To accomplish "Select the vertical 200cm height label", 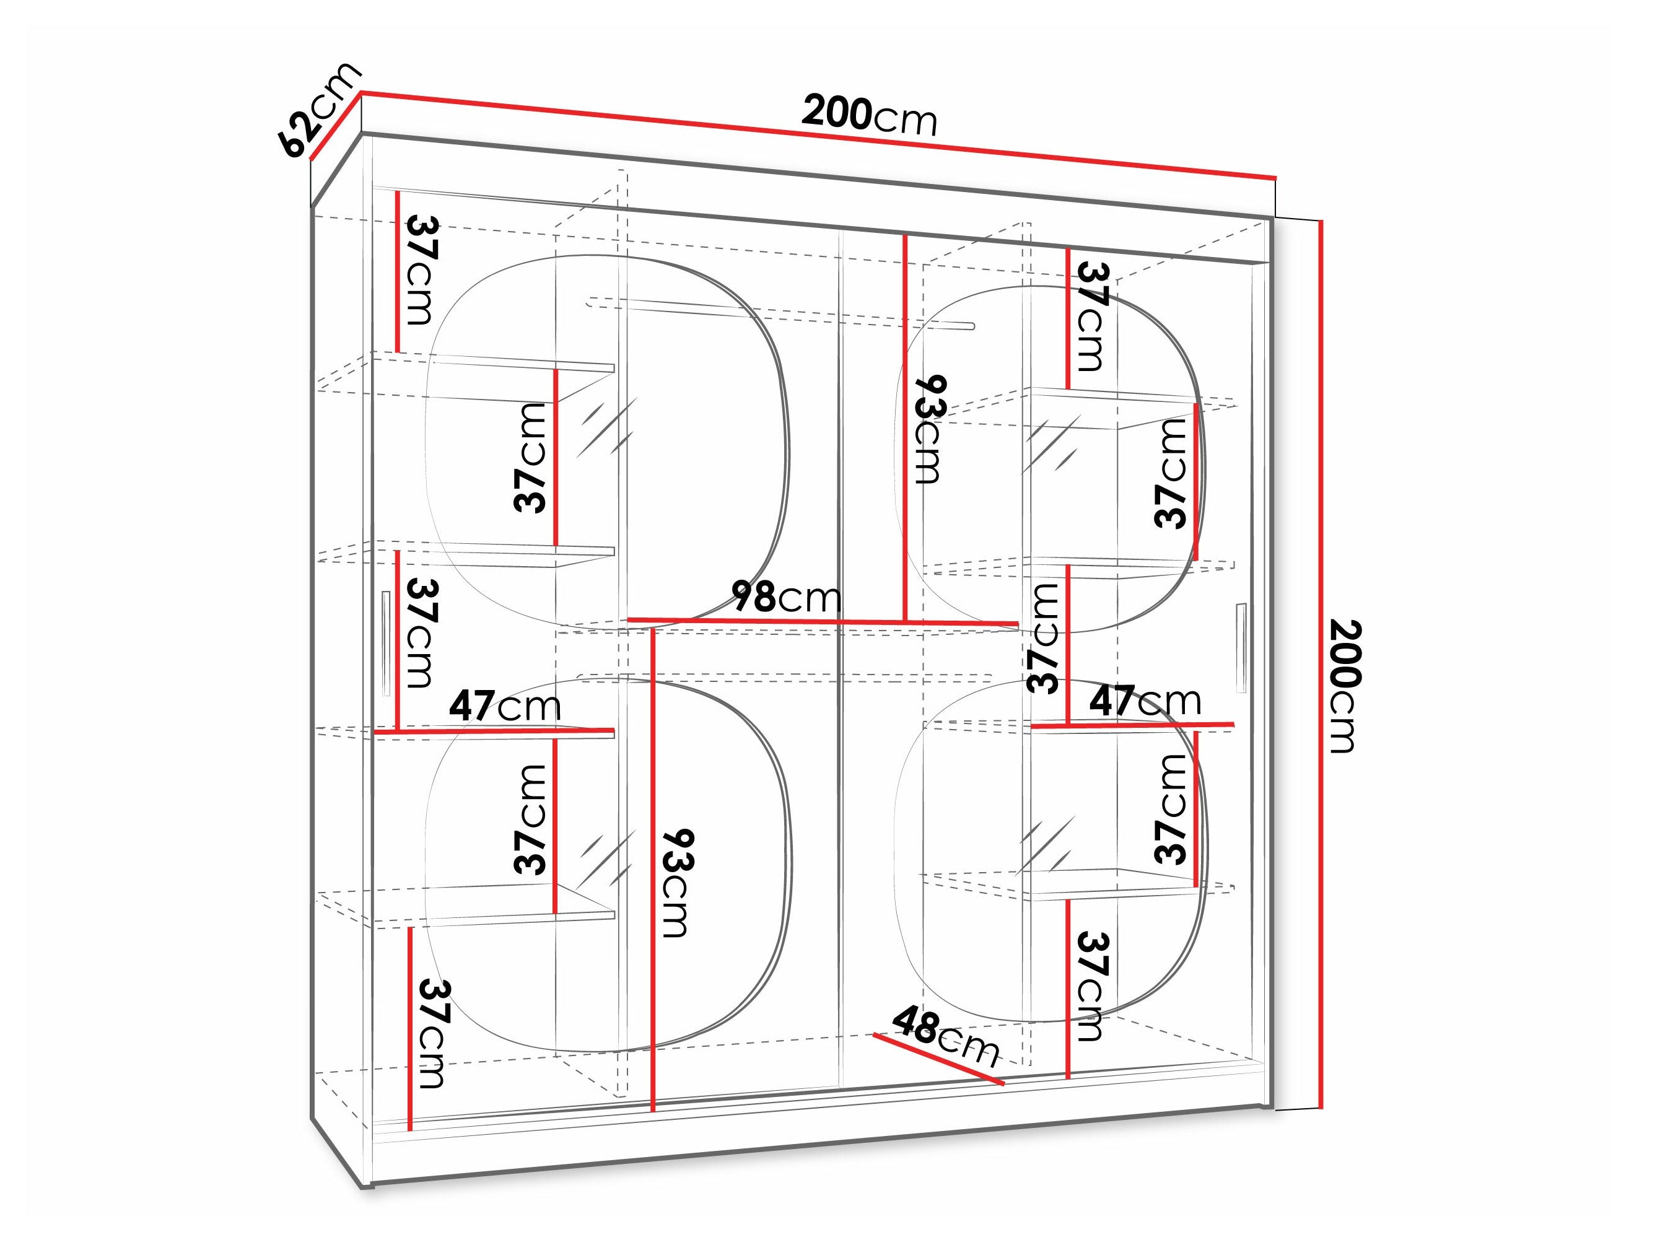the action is click(1345, 685).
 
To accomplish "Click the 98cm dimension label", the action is click(787, 597).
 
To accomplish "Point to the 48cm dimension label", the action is click(946, 1038).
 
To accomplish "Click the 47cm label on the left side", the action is click(505, 705).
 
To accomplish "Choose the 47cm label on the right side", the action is click(1145, 700).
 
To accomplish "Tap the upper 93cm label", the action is click(928, 429).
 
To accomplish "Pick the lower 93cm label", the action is click(675, 883).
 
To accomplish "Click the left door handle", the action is click(385, 643).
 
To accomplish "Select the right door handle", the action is click(1241, 647).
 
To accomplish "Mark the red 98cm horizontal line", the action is click(823, 621).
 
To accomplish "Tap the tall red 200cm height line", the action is click(1321, 664).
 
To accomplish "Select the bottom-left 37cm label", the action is click(434, 1033).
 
